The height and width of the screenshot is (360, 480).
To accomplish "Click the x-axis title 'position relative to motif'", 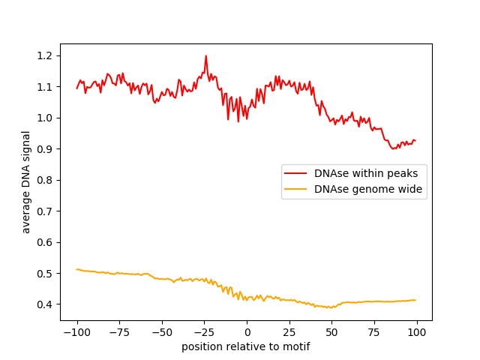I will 246,346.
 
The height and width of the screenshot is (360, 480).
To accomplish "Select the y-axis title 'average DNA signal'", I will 26,181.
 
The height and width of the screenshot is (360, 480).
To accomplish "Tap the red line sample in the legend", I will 298,173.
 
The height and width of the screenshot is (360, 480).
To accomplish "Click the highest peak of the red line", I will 205,55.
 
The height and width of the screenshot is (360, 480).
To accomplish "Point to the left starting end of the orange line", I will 76,269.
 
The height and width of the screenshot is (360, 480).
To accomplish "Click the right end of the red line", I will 415,141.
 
